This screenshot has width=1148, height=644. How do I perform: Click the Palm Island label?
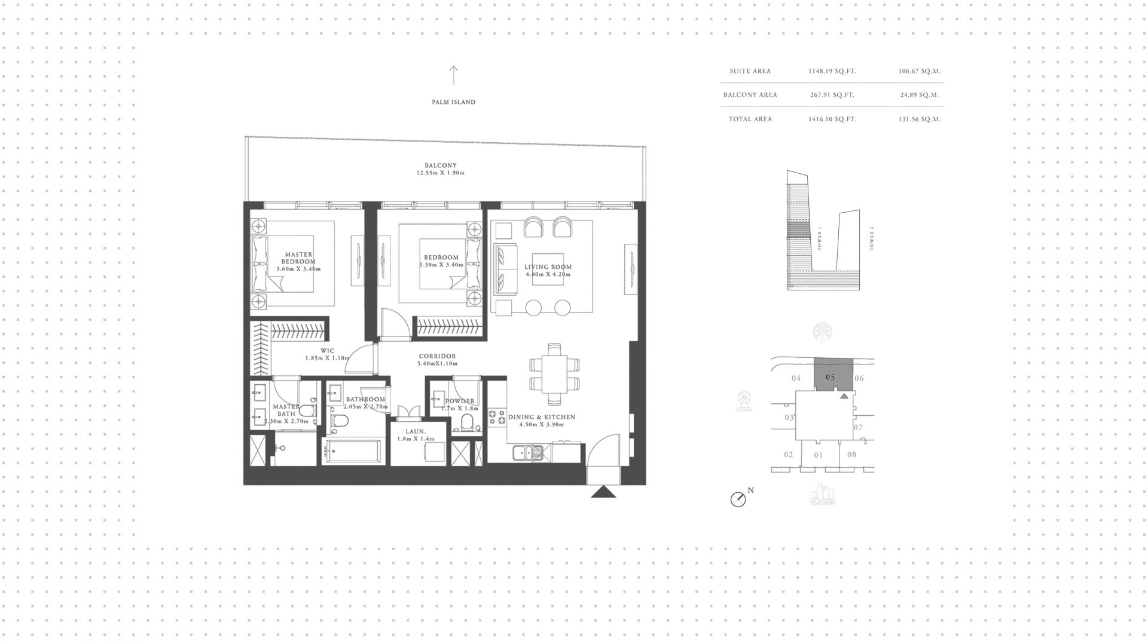[453, 102]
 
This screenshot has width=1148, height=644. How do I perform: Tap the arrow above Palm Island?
[453, 75]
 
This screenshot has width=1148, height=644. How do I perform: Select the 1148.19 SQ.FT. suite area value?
[832, 71]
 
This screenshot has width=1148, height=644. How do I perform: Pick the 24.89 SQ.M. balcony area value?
[920, 95]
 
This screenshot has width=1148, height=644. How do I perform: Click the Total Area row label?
[750, 119]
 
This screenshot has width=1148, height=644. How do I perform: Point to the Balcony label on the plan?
[441, 165]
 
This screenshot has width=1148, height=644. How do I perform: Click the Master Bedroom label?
[299, 258]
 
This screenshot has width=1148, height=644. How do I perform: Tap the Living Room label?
[548, 267]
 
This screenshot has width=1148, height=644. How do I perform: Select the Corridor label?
[438, 357]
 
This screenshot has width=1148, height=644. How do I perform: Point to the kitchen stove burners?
[497, 417]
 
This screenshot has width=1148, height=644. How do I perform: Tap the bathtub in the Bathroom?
[352, 452]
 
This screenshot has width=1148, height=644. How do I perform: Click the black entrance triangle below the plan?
[604, 492]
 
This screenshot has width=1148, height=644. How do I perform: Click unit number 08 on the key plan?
[851, 455]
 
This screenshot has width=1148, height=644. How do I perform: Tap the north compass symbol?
[738, 499]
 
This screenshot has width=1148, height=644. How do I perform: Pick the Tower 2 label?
[872, 238]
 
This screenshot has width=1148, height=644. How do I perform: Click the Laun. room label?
[416, 431]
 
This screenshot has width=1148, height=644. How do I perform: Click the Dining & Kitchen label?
[542, 418]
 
